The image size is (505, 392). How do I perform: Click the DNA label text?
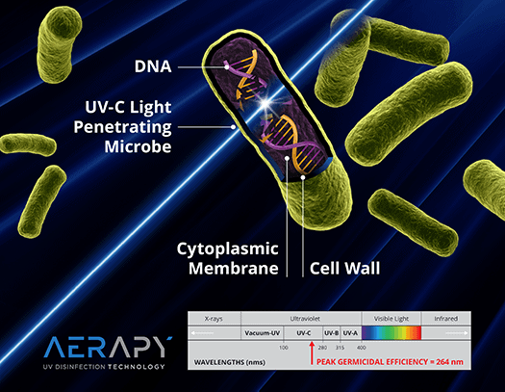click(x=153, y=66)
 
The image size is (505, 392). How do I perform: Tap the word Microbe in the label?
click(x=138, y=146)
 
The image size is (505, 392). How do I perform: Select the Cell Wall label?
click(x=345, y=268)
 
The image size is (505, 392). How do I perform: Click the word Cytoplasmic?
click(x=228, y=249)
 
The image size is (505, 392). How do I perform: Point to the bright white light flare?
click(x=265, y=103)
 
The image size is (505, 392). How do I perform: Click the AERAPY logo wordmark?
click(x=108, y=347)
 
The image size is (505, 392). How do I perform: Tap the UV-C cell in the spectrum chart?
click(x=303, y=333)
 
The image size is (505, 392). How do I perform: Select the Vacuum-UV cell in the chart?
click(x=263, y=333)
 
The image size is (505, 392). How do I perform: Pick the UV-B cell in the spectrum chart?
click(x=332, y=333)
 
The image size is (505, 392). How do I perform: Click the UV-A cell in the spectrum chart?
click(x=350, y=333)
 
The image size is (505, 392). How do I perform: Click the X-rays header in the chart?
click(x=214, y=319)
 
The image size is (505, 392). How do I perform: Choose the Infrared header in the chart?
click(x=445, y=319)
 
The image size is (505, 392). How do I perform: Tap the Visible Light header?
click(x=391, y=319)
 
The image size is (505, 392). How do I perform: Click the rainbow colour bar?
click(x=391, y=333)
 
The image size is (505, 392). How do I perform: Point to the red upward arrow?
click(x=312, y=353)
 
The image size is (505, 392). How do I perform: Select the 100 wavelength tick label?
click(x=284, y=348)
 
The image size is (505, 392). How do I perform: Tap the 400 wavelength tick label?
click(x=361, y=348)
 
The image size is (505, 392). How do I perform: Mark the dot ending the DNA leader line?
click(x=227, y=67)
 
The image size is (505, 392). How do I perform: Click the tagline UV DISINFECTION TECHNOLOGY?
click(x=104, y=367)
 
